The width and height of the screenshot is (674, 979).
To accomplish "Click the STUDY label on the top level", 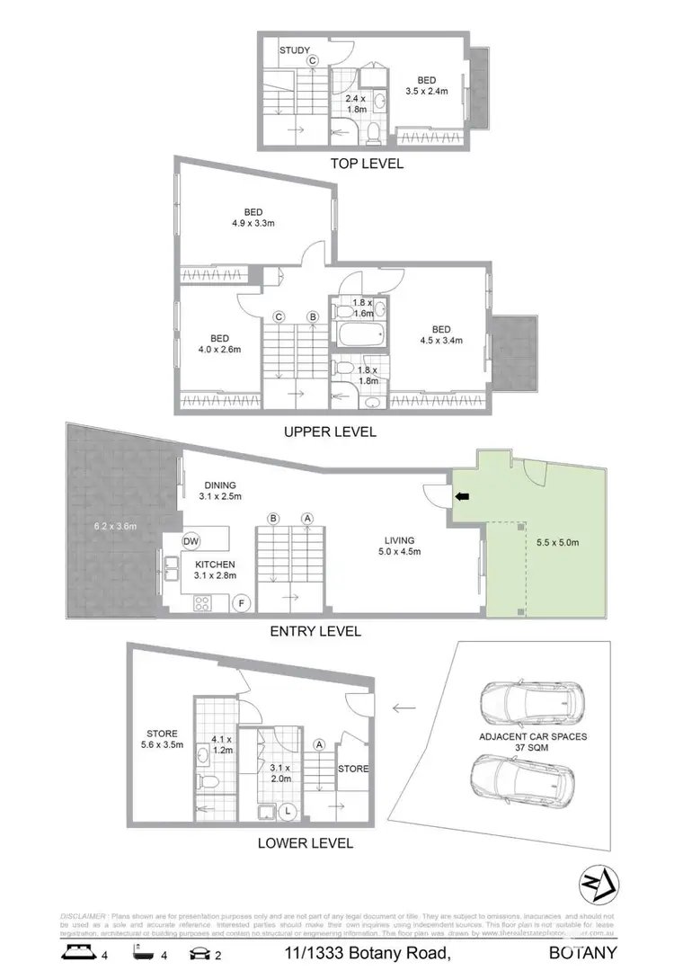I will [x=295, y=50].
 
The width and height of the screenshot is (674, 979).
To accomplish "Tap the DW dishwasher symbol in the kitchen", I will [x=191, y=541].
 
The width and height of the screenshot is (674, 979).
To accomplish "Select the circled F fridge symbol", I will [x=240, y=603].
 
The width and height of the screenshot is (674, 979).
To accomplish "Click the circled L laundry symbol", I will [x=288, y=811].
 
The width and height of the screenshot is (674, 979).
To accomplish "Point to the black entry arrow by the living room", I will [x=462, y=495].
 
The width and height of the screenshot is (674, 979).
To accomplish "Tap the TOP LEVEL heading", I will [x=367, y=164].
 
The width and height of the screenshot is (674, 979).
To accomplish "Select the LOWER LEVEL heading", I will [x=305, y=843].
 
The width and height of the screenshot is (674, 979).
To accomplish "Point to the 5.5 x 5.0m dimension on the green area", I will [x=556, y=542].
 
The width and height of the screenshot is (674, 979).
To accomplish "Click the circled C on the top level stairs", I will [x=314, y=61].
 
